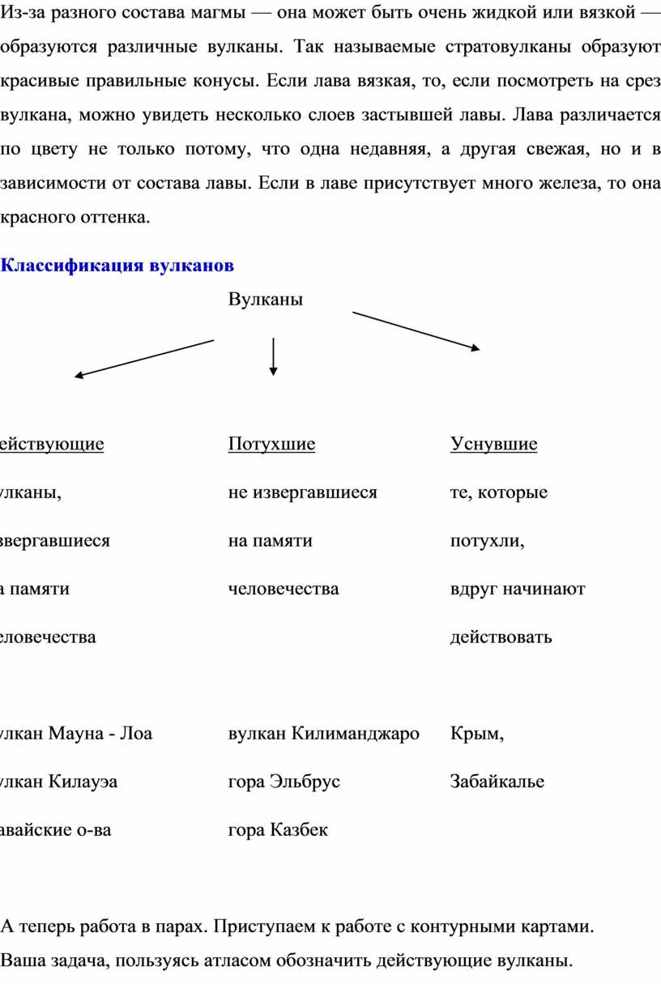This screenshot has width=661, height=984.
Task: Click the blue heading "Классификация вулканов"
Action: click(x=118, y=266)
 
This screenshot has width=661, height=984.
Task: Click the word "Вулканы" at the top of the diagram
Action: click(x=266, y=300)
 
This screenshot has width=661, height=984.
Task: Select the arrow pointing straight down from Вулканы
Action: click(x=274, y=356)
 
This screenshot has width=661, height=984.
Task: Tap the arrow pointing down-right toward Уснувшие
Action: click(x=416, y=331)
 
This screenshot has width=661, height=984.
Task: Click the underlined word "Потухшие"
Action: click(x=272, y=444)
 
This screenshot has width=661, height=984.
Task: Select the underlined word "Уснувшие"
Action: click(x=493, y=444)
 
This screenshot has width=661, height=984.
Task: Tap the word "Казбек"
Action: click(x=299, y=829)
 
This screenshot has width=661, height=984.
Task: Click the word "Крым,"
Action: click(x=477, y=734)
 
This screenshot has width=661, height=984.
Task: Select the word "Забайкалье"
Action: click(x=497, y=782)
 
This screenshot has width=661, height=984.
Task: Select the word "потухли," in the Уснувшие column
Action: click(x=487, y=540)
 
